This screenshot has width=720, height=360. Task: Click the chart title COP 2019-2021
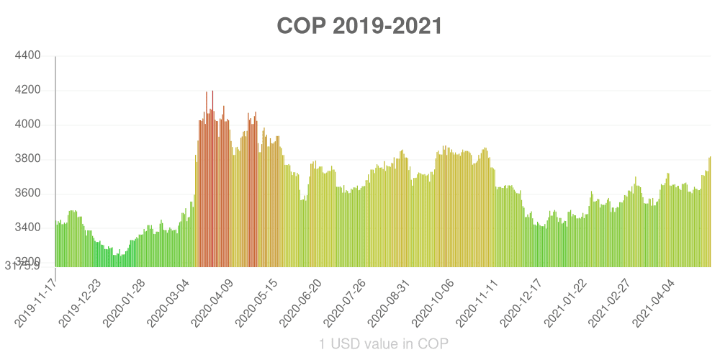coord(359,26)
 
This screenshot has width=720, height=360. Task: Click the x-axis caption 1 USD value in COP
coord(384,344)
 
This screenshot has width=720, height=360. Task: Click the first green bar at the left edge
coord(57,245)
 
